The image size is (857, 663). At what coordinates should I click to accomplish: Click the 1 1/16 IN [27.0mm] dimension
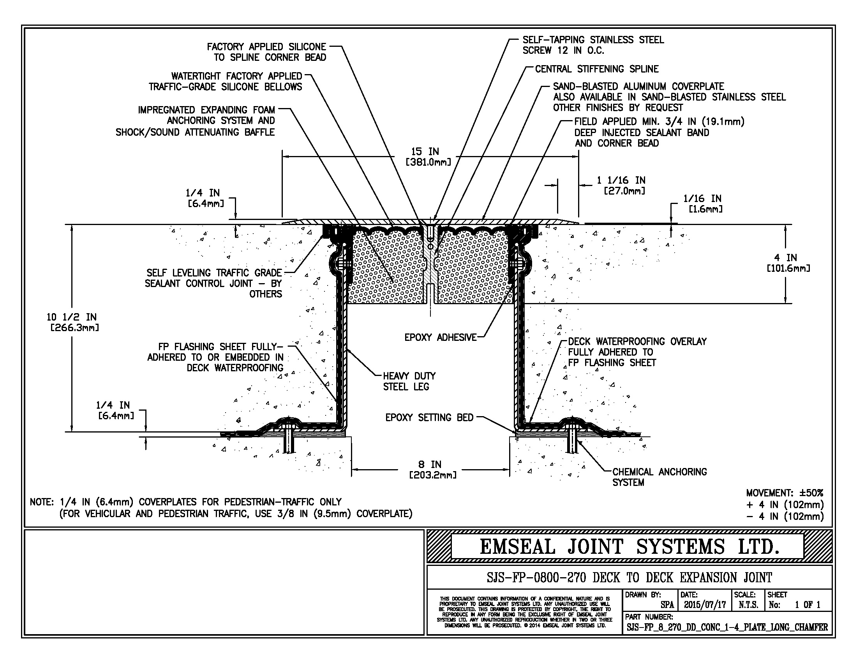coord(624,185)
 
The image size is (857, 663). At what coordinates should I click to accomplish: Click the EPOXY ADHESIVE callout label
coord(440,337)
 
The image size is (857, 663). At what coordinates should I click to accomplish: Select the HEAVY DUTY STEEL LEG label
coord(409,381)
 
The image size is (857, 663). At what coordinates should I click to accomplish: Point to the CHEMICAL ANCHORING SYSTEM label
coord(659,477)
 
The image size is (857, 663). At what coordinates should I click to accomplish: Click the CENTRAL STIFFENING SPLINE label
coord(596,69)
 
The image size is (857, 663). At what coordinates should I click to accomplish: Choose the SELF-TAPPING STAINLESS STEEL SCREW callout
coord(592,45)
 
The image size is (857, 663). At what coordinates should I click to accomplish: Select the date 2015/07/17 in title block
coord(705,604)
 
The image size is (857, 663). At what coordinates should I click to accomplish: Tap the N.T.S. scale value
coord(748,604)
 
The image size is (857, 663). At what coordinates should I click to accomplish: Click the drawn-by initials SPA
coord(667,604)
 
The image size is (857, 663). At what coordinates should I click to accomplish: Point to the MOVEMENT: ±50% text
coord(785,493)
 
